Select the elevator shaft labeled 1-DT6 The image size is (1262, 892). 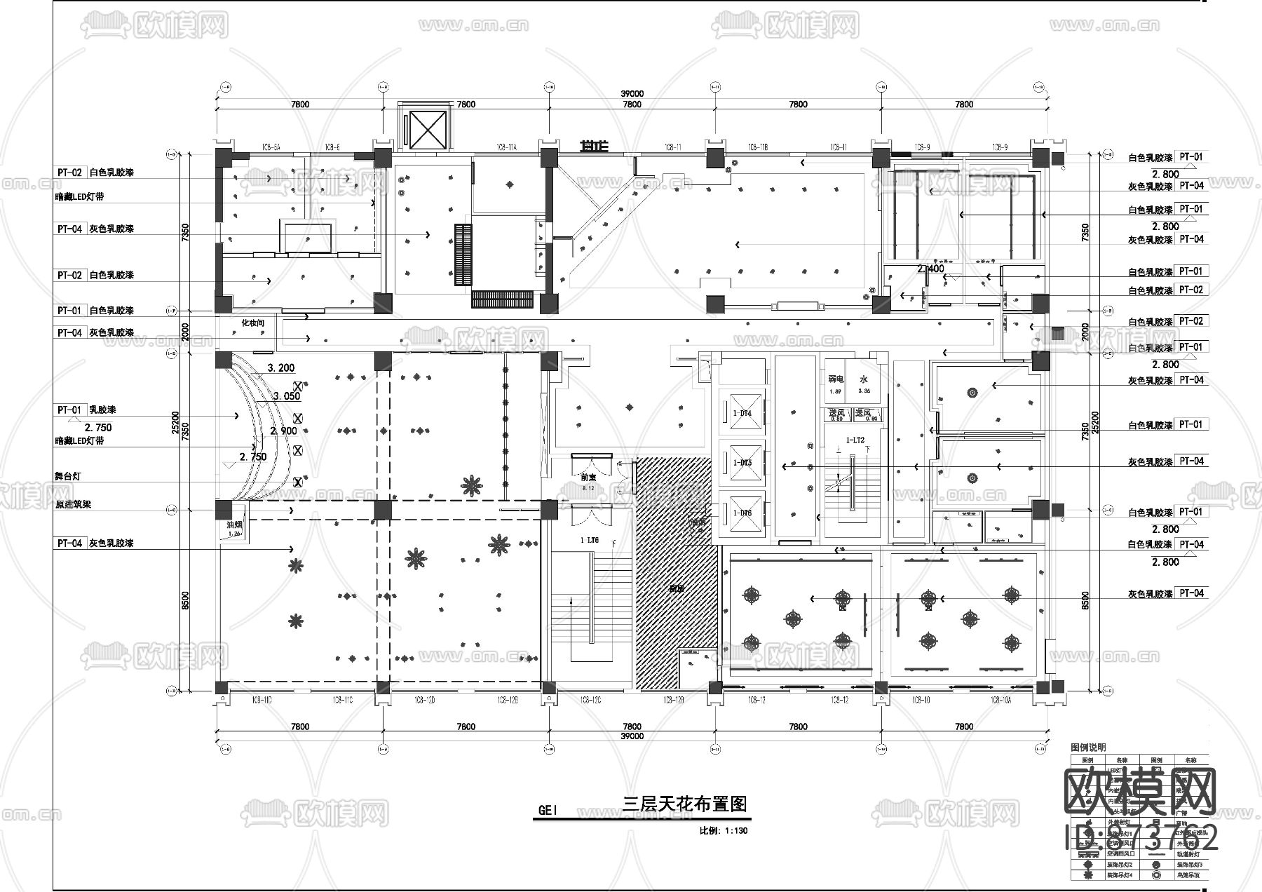pos(742,513)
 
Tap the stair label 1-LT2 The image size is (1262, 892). pos(855,440)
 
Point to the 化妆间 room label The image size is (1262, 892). pos(252,323)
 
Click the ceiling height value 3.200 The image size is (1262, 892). pos(281,368)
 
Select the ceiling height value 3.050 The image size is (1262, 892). pos(287,396)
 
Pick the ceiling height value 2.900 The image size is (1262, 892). pos(283,431)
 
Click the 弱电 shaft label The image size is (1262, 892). pos(835,379)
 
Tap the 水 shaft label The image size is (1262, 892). pos(864,379)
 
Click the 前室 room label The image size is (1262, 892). pos(588,478)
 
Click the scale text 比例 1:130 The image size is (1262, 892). pos(724,831)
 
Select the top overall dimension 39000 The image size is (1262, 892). pos(632,94)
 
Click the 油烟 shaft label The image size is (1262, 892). pos(234,525)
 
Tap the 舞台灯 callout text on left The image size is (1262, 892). pos(68,476)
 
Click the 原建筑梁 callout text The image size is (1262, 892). pos(73,504)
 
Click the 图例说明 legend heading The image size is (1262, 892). pos(1088,748)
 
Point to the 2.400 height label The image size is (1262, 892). pos(930,269)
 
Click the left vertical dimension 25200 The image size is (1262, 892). pos(175,423)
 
